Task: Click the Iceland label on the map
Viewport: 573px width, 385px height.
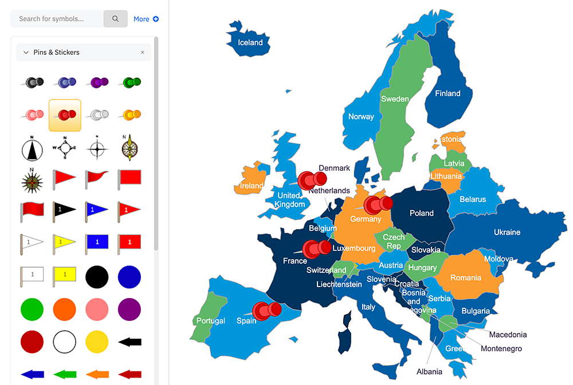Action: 250,42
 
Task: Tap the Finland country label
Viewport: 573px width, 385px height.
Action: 448,93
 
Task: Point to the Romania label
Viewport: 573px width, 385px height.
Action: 465,277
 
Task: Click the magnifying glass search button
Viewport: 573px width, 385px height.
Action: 115,19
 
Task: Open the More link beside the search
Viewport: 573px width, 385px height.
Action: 146,19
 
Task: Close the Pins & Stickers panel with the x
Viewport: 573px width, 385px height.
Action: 143,53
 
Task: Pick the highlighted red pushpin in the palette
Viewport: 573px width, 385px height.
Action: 65,115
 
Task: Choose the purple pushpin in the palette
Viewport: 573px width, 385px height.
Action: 97,82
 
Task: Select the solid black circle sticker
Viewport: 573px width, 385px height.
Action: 97,277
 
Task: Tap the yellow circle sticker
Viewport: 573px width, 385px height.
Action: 97,342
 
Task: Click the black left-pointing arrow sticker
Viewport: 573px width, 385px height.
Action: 129,342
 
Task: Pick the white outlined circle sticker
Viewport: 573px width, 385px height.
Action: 65,342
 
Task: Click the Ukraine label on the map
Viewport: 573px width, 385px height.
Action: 507,232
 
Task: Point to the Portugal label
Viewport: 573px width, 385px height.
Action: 211,321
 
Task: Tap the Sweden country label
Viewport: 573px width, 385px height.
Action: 395,99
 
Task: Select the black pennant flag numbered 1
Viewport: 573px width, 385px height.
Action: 65,211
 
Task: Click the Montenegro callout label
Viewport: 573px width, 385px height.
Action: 501,348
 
